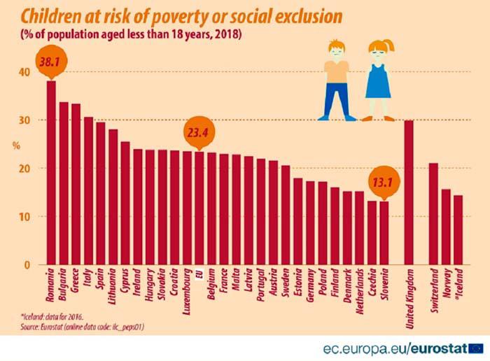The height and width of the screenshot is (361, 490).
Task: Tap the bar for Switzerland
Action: [433, 213]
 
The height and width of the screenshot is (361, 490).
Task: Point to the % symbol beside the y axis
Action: [15, 146]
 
